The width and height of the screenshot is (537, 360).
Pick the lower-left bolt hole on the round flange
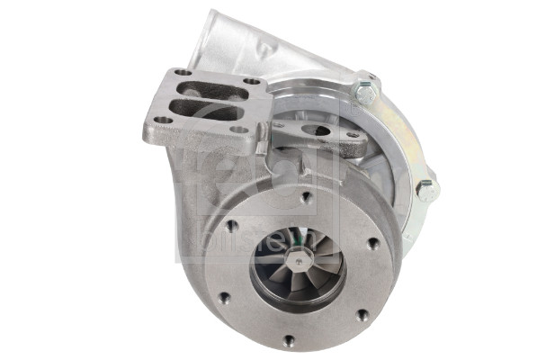[x=224, y=297]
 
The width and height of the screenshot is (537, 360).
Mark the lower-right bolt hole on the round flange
[x=362, y=315]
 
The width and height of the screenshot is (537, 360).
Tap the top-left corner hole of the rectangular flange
[x=183, y=72]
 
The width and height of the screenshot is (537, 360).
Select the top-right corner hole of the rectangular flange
[x=252, y=82]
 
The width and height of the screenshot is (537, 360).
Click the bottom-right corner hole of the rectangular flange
[x=240, y=130]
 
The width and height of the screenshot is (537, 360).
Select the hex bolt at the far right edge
[x=426, y=189]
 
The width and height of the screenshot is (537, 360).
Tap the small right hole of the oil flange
[x=353, y=135]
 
